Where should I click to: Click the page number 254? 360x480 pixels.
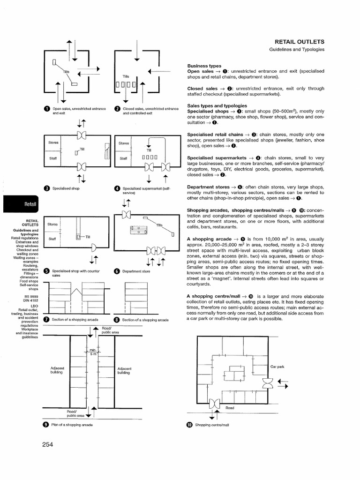pyautogui.click(x=48, y=445)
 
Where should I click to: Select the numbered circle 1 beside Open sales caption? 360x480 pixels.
pyautogui.click(x=46, y=110)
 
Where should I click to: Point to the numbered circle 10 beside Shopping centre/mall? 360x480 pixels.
pyautogui.click(x=189, y=425)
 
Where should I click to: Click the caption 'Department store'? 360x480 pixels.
pyautogui.click(x=136, y=271)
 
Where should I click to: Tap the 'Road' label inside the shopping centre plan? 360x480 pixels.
pyautogui.click(x=230, y=407)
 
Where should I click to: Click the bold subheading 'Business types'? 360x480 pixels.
pyautogui.click(x=204, y=66)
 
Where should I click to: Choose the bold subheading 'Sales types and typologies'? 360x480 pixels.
pyautogui.click(x=217, y=106)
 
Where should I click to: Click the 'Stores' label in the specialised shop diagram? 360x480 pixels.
pyautogui.click(x=53, y=142)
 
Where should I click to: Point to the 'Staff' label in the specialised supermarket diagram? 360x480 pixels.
pyautogui.click(x=123, y=158)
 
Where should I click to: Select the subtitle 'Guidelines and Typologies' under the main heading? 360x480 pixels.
pyautogui.click(x=297, y=50)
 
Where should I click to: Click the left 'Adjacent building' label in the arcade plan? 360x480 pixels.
pyautogui.click(x=57, y=370)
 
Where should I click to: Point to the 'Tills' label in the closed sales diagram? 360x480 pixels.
pyautogui.click(x=126, y=76)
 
